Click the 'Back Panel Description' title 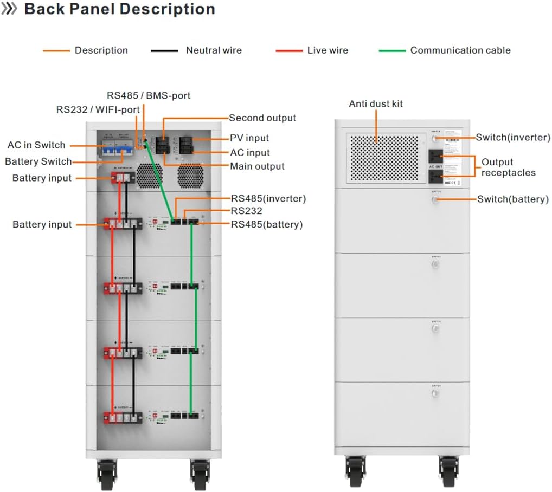click(x=119, y=9)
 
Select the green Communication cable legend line click(x=392, y=50)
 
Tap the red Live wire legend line click(x=289, y=50)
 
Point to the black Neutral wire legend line click(x=164, y=50)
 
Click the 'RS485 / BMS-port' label click(x=149, y=95)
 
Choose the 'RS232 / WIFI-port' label click(x=98, y=109)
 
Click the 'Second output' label click(x=262, y=118)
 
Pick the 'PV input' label click(x=249, y=138)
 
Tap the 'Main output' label click(x=257, y=166)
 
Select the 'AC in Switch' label click(x=36, y=145)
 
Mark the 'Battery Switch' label click(x=38, y=161)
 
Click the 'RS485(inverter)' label click(x=268, y=199)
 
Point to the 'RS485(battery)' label click(x=267, y=224)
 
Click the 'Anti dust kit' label click(x=376, y=103)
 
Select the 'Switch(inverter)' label click(x=513, y=138)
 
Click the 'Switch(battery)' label click(x=513, y=199)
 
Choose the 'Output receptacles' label click(x=508, y=167)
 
